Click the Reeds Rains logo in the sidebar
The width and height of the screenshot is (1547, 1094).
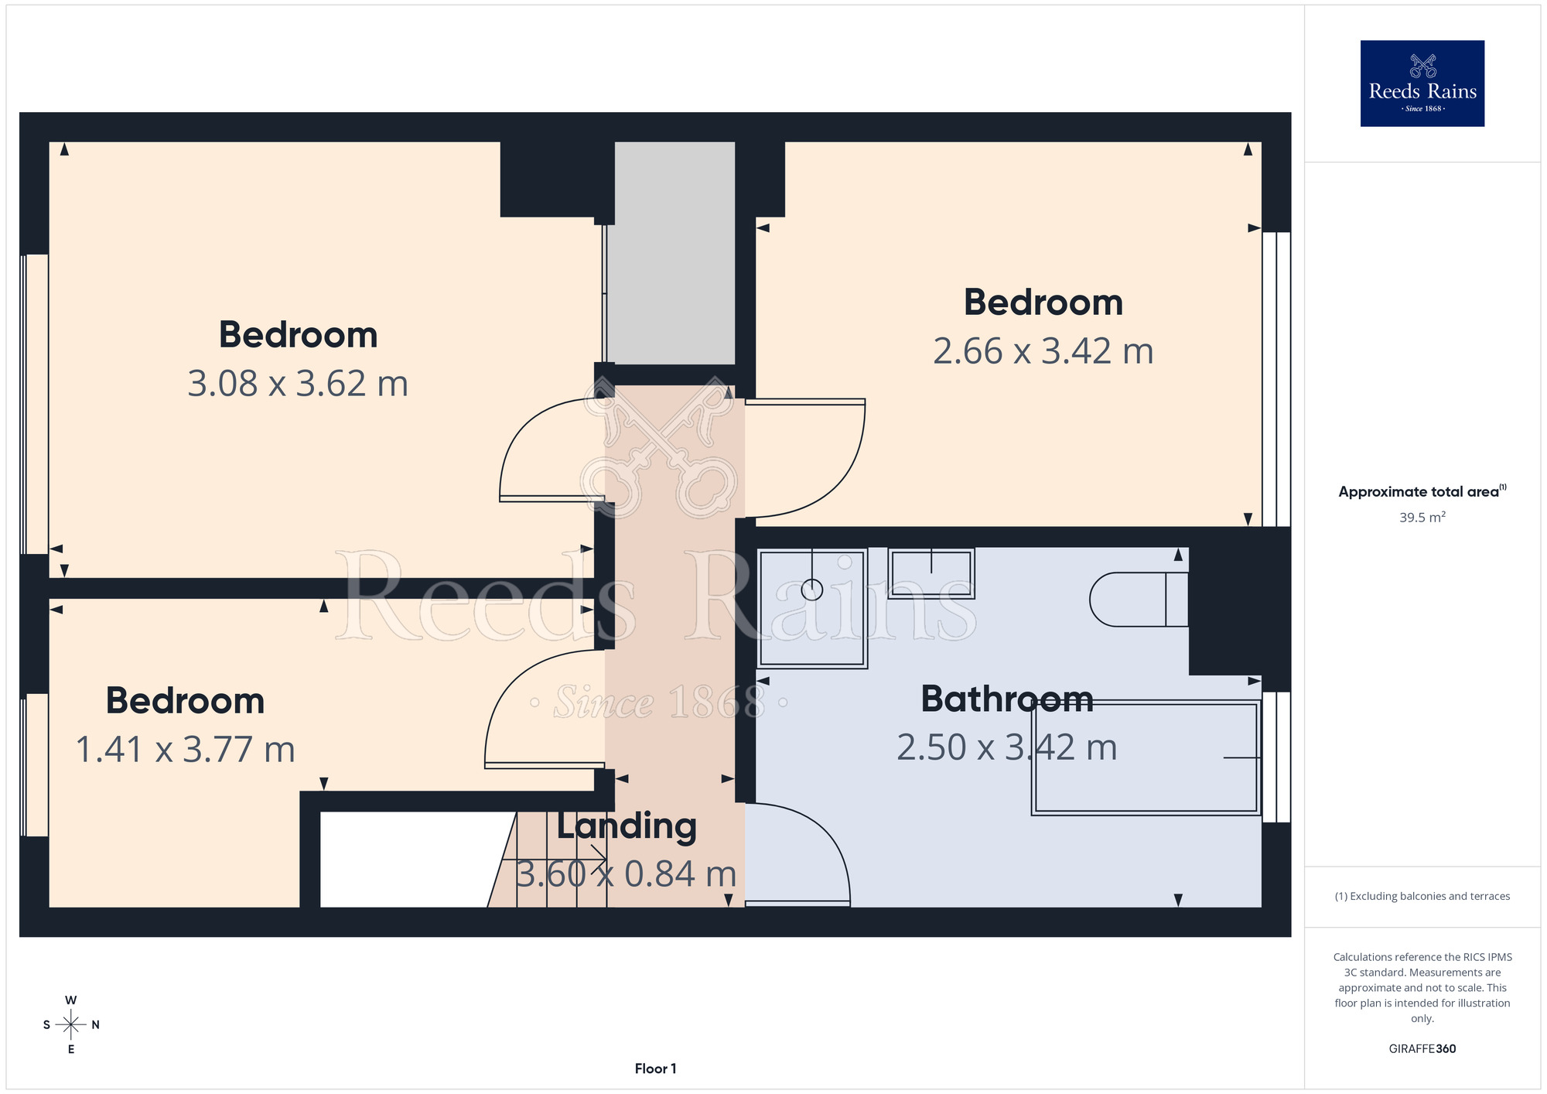click(x=1422, y=84)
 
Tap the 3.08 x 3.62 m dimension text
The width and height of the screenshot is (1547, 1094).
click(x=298, y=384)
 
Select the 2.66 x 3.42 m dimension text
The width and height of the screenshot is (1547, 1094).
click(x=1043, y=351)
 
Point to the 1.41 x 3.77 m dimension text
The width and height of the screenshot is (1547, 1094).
click(x=186, y=750)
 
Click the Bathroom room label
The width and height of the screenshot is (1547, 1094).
click(x=1007, y=699)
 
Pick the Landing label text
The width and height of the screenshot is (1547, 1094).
click(x=627, y=826)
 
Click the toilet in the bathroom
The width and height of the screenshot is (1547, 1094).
click(x=1139, y=600)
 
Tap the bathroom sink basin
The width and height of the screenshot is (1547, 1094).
click(x=931, y=573)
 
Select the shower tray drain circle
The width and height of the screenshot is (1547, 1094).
click(x=812, y=590)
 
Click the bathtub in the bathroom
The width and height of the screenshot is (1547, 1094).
click(x=1146, y=757)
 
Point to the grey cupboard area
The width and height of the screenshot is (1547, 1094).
click(x=674, y=253)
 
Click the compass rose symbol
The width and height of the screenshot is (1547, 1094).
click(x=71, y=1025)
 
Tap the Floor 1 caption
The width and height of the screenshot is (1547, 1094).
click(x=656, y=1068)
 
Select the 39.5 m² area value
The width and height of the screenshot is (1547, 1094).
click(x=1422, y=517)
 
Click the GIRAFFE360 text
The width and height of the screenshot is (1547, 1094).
click(x=1422, y=1049)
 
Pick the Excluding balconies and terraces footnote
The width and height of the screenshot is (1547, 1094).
click(x=1422, y=896)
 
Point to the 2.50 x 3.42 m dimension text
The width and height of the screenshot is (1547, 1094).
click(x=1007, y=748)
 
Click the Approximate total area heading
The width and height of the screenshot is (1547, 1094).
click(x=1422, y=491)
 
